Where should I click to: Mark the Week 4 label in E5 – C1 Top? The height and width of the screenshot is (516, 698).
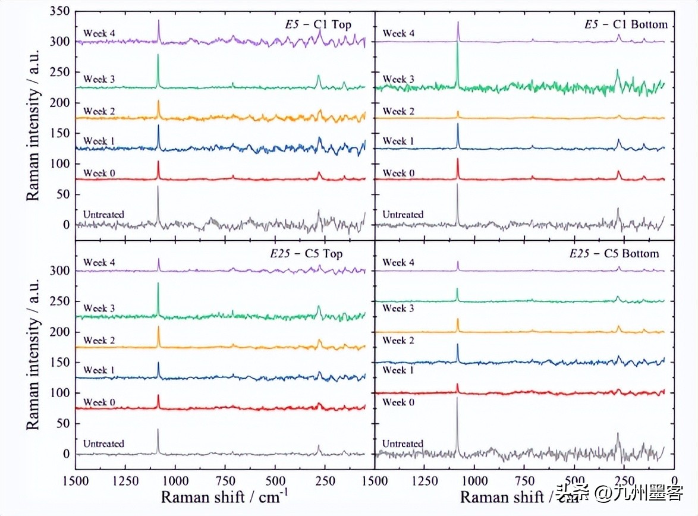[x=99, y=33]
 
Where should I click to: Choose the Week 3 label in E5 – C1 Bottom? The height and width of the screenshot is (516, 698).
[x=398, y=79]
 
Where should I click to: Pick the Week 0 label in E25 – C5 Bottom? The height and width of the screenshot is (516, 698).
[x=398, y=402]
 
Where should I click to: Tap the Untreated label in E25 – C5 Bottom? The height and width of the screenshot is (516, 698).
[x=403, y=443]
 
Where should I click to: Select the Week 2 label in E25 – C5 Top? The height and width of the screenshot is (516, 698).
[x=99, y=341]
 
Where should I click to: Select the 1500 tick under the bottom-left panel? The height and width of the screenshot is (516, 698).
[x=76, y=479]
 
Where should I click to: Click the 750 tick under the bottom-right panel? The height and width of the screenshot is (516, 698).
[x=524, y=479]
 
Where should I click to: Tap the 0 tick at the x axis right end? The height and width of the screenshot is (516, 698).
[x=674, y=479]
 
